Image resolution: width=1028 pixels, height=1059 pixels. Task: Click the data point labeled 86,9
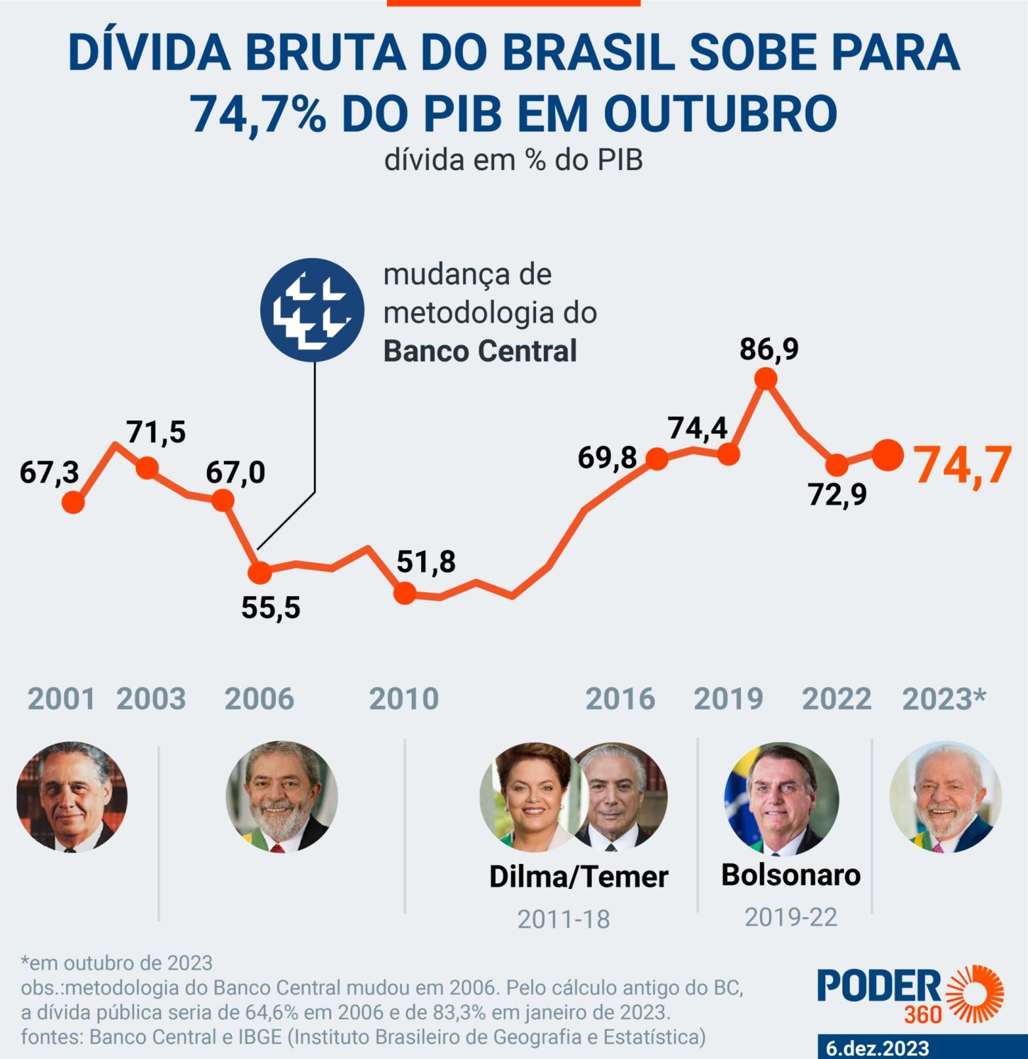pyautogui.click(x=765, y=380)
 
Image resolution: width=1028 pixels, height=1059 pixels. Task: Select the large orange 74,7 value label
pyautogui.click(x=962, y=466)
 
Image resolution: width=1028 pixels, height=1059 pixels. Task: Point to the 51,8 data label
pyautogui.click(x=426, y=561)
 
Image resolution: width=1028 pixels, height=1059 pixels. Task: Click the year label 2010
pyautogui.click(x=404, y=700)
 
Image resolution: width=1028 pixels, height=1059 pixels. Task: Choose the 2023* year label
pyautogui.click(x=944, y=700)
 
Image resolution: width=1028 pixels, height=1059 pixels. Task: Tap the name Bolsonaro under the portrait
pyautogui.click(x=790, y=875)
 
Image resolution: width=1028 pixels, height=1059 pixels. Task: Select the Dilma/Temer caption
pyautogui.click(x=579, y=877)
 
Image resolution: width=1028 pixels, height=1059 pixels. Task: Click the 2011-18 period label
pyautogui.click(x=564, y=919)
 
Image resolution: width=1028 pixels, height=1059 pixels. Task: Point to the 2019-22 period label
pyautogui.click(x=790, y=918)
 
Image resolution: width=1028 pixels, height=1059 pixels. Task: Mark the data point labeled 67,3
pyautogui.click(x=73, y=503)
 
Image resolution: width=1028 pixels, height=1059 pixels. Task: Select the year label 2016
pyautogui.click(x=620, y=700)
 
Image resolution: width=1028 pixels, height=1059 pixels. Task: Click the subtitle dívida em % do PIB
pyautogui.click(x=513, y=161)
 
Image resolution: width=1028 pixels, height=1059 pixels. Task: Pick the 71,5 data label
pyautogui.click(x=156, y=432)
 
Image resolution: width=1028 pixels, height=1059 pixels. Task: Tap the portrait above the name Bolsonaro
pyautogui.click(x=781, y=797)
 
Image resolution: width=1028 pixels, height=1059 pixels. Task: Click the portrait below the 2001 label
pyautogui.click(x=72, y=797)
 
